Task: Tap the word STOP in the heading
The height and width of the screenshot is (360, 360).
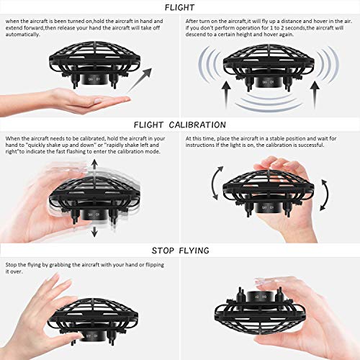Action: (164, 250)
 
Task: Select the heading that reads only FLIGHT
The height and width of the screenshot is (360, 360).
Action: (179, 7)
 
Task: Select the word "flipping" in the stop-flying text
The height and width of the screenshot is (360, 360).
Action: (154, 266)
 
